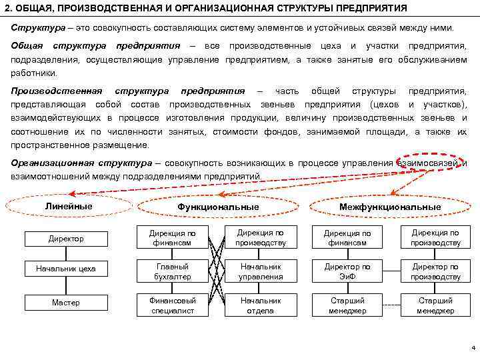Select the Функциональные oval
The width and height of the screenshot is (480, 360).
(218, 207)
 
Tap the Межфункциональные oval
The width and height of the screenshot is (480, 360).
(390, 207)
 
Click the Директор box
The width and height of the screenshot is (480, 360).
(66, 238)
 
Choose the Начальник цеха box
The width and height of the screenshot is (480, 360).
(66, 269)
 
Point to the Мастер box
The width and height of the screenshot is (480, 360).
(66, 303)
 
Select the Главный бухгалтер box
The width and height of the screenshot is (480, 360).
(171, 271)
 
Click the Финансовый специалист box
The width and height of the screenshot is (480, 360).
(171, 305)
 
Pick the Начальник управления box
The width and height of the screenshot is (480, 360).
(261, 271)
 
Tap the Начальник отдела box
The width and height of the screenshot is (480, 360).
(261, 305)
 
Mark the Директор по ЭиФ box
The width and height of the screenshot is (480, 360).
(347, 271)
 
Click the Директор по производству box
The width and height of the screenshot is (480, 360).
(435, 271)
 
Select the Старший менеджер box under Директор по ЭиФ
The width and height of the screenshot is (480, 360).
(347, 305)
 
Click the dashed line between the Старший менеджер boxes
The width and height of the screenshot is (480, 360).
(391, 305)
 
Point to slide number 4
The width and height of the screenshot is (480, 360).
(472, 349)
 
